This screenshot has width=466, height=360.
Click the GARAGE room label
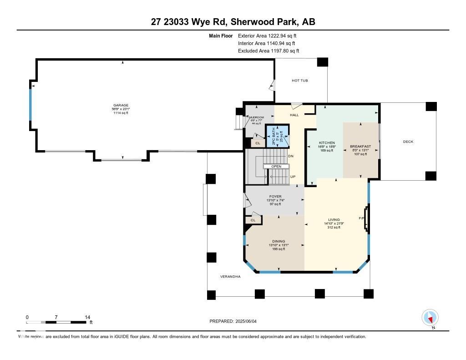tap(121, 105)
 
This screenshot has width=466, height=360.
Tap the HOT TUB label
tap(300, 81)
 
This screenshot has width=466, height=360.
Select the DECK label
tap(408, 142)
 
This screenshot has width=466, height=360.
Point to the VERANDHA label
tap(230, 276)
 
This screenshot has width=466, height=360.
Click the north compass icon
tap(430, 317)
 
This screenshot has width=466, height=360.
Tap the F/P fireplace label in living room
tap(362, 218)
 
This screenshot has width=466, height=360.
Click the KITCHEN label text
tap(327, 142)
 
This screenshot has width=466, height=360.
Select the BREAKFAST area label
tap(360, 146)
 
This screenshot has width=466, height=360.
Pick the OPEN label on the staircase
tap(277, 166)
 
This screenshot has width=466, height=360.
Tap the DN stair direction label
tap(291, 156)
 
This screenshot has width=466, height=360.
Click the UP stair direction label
tap(293, 177)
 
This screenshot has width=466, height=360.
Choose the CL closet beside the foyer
tap(253, 220)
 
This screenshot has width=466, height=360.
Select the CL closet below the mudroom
tap(257, 143)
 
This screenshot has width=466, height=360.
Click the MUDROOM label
tap(256, 117)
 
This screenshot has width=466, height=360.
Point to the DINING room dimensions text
tap(279, 245)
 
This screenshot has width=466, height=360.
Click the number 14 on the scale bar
tap(87, 317)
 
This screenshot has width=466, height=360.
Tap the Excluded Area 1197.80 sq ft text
tap(268, 51)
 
